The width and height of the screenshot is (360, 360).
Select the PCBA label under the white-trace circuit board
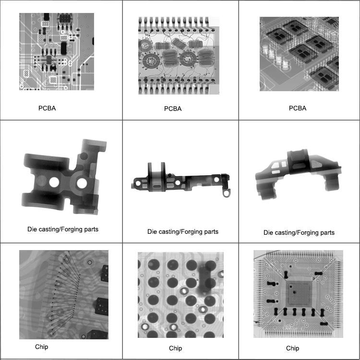[x=47, y=108]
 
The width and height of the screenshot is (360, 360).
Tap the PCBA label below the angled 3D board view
[x=298, y=108]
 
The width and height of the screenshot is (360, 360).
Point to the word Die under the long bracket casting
[x=152, y=232]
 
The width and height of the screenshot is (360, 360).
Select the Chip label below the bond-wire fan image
[x=41, y=346]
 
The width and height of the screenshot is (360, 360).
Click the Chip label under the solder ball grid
[x=176, y=348]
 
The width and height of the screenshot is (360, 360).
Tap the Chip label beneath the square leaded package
[x=292, y=348]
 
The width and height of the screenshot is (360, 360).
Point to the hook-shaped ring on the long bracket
[x=225, y=192]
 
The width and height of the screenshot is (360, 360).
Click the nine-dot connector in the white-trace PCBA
[x=53, y=80]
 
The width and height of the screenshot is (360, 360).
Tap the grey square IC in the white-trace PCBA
[x=48, y=60]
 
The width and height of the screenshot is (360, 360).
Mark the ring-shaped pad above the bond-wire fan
[x=89, y=263]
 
